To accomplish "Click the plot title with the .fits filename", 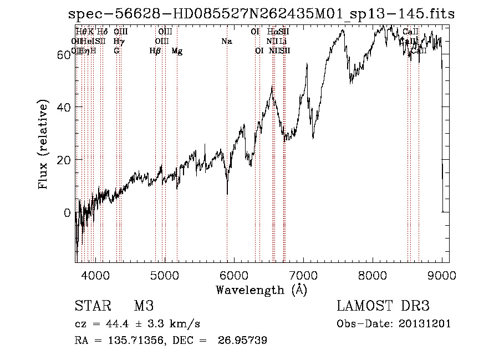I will tap(262, 15).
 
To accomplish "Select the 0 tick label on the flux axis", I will tap(67, 212).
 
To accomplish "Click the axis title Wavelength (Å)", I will tap(261, 290).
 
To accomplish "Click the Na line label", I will tap(226, 41).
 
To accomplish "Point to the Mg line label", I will tap(177, 51).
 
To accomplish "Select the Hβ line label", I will tap(155, 51).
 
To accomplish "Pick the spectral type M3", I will tap(143, 306).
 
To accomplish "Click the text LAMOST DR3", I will tap(383, 306).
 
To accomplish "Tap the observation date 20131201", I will tap(426, 324).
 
